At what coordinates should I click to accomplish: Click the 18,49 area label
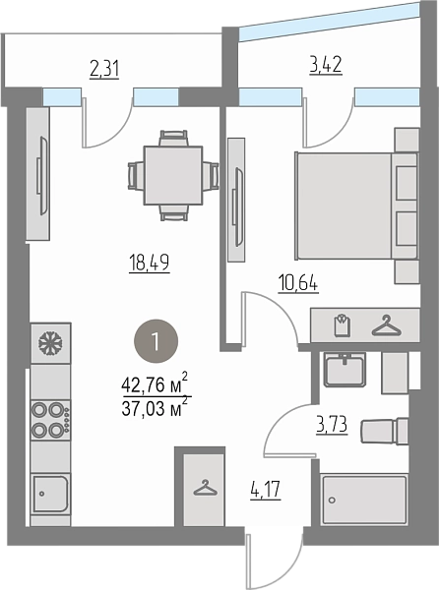[149, 263]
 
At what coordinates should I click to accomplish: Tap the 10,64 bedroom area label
[298, 283]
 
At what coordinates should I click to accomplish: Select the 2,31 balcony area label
[104, 69]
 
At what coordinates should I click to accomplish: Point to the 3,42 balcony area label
[326, 65]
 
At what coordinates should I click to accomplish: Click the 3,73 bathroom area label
[332, 425]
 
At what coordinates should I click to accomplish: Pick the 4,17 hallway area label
[266, 490]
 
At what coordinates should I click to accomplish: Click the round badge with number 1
[156, 341]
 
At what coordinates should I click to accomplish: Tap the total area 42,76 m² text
[155, 383]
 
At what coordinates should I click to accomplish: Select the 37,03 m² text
[155, 407]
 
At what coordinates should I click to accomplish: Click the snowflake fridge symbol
[51, 343]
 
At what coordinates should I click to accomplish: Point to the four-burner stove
[50, 421]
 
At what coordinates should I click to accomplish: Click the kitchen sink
[50, 494]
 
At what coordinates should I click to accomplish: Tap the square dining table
[173, 175]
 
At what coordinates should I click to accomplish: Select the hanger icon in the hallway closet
[205, 488]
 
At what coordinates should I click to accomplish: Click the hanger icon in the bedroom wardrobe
[386, 325]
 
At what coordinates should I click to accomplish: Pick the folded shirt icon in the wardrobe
[343, 325]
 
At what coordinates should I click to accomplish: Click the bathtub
[364, 500]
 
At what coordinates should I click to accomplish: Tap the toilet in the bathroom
[385, 432]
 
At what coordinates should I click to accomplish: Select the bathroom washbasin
[345, 370]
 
